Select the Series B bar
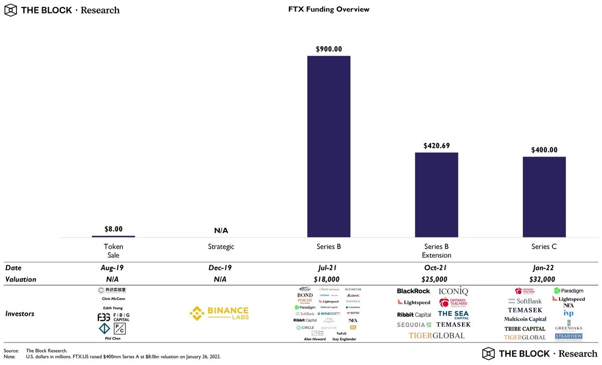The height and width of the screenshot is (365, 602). point(329,146)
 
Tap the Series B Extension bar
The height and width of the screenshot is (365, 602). point(436,195)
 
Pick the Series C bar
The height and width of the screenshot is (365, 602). point(544,197)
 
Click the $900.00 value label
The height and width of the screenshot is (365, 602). point(329,49)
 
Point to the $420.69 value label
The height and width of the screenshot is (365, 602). point(436,146)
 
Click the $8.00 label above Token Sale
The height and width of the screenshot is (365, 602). point(113,229)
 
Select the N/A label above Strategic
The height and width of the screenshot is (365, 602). point(221,231)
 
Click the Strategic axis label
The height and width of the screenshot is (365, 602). point(221,247)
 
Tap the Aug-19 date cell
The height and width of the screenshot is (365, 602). point(113,268)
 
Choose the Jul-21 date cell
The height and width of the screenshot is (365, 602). point(329,268)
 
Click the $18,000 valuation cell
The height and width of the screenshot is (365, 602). point(329,279)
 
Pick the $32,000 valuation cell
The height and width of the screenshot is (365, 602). point(544,279)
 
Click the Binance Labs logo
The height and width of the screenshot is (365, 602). point(219,313)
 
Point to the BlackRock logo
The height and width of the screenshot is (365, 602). point(413,291)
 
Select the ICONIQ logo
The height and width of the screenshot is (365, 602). point(454,291)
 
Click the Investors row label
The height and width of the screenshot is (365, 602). point(20,313)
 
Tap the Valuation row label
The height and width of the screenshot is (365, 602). point(21,279)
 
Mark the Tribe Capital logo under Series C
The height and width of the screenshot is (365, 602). point(525,329)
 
